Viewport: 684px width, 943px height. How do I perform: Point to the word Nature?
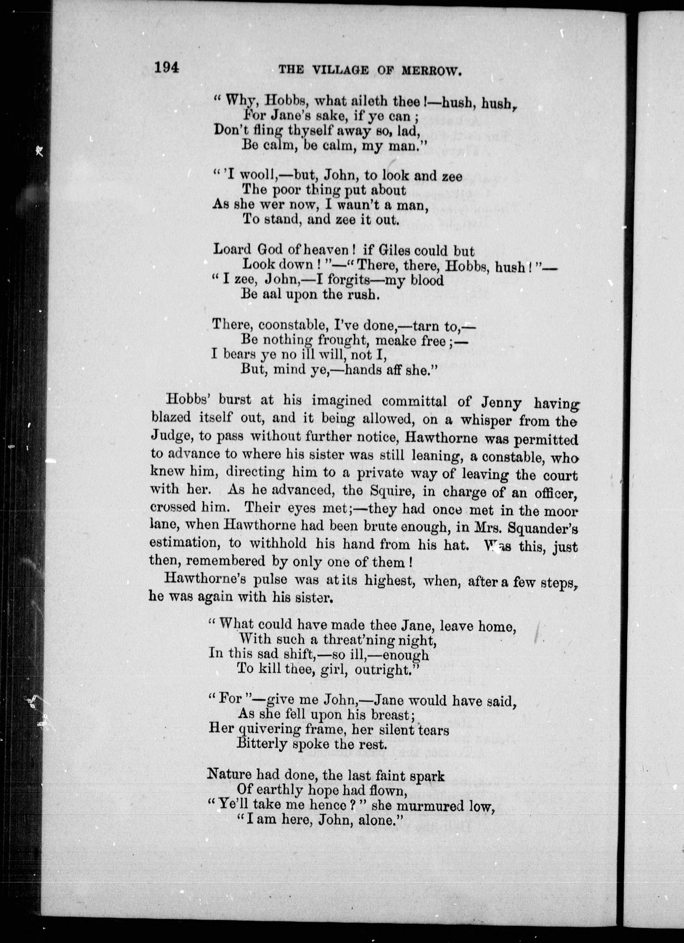coord(230,775)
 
